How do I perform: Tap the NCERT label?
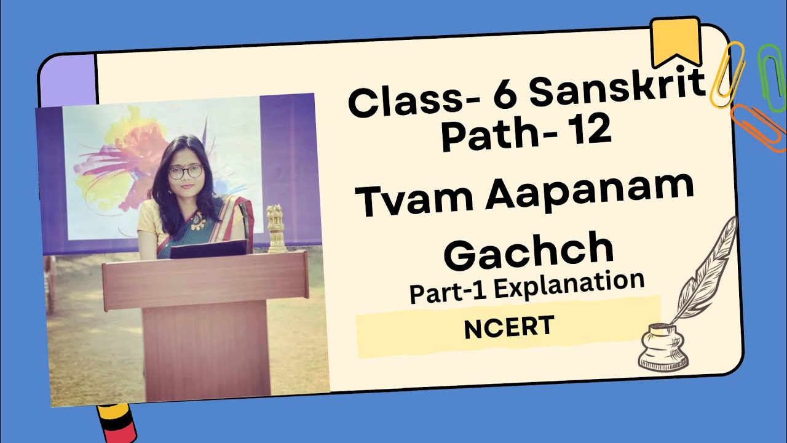(x=508, y=328)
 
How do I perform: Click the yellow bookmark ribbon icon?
(x=676, y=40)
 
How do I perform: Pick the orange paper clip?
(x=758, y=126)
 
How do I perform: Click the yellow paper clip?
(x=727, y=74)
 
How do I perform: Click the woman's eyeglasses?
(x=185, y=172)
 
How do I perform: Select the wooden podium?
(x=205, y=320)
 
